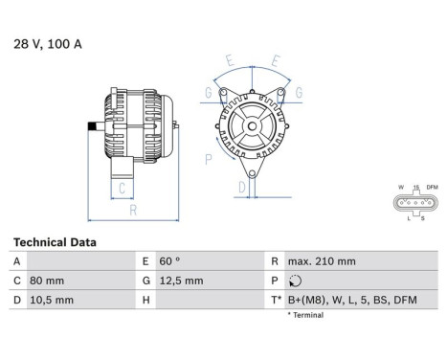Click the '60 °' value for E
pos(169,261)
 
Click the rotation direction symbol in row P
pos(294,281)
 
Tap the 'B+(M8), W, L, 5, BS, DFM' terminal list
pos(351,300)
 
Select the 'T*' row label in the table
pos(276,300)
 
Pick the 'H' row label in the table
pos(146,300)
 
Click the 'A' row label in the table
pos(16,261)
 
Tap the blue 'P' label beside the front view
pos(209,159)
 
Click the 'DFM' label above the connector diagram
pos(432,187)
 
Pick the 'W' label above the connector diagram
pos(400,187)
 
